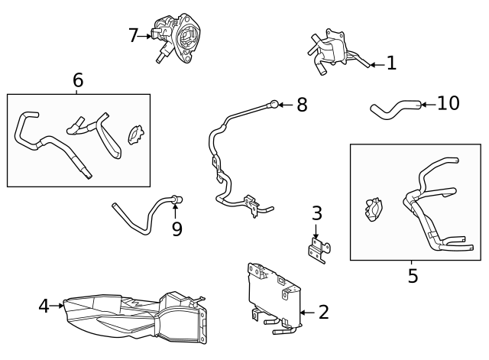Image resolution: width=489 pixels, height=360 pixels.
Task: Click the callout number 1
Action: click(391, 63)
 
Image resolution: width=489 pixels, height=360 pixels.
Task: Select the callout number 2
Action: click(323, 312)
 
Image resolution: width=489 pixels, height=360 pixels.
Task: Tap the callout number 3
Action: click(316, 214)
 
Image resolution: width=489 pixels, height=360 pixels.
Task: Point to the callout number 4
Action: click(44, 306)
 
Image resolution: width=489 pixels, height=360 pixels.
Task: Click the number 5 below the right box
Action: click(413, 276)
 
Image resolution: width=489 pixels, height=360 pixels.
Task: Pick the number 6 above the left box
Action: click(77, 79)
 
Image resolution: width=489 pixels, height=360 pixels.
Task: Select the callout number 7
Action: click(133, 35)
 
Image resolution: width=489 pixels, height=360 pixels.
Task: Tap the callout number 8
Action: click(302, 105)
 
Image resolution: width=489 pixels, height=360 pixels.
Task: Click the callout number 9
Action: click(176, 229)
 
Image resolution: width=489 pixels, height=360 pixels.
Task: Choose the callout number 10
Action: click(449, 103)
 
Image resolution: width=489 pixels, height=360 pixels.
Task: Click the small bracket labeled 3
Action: click(318, 249)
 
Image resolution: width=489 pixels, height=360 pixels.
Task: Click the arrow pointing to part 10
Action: click(428, 104)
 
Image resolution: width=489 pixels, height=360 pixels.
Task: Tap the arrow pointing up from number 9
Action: click(175, 210)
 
